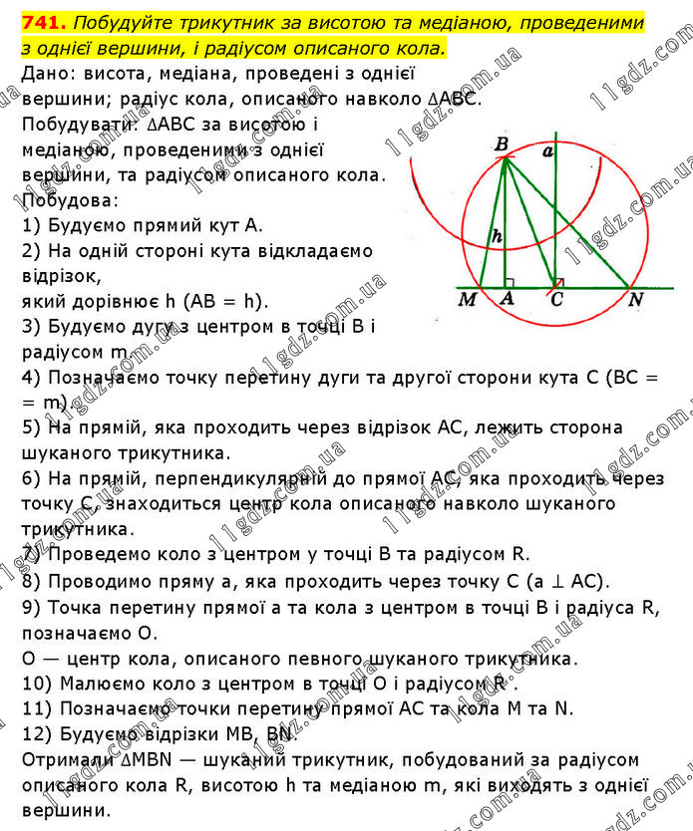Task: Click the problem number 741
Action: tap(38, 21)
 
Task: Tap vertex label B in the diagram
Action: tap(502, 145)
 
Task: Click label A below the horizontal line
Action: tap(508, 299)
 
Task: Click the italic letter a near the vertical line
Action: tap(546, 151)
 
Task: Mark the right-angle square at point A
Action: tap(511, 282)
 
